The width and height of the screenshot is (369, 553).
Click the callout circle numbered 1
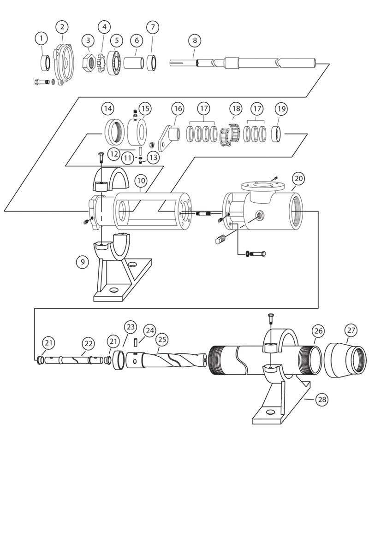[42, 37]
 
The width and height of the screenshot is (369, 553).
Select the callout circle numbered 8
[195, 41]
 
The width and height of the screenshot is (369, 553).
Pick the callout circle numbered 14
[107, 109]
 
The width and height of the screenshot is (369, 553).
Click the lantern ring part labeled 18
[230, 134]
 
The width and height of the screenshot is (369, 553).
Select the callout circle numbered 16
[178, 109]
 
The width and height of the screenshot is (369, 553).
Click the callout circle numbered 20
[298, 178]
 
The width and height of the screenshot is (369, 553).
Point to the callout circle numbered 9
[82, 262]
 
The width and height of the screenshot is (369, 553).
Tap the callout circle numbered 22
[88, 343]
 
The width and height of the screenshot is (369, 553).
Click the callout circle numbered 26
[318, 331]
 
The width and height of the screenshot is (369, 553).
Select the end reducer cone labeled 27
[345, 359]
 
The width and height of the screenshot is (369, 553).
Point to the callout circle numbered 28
[321, 400]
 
